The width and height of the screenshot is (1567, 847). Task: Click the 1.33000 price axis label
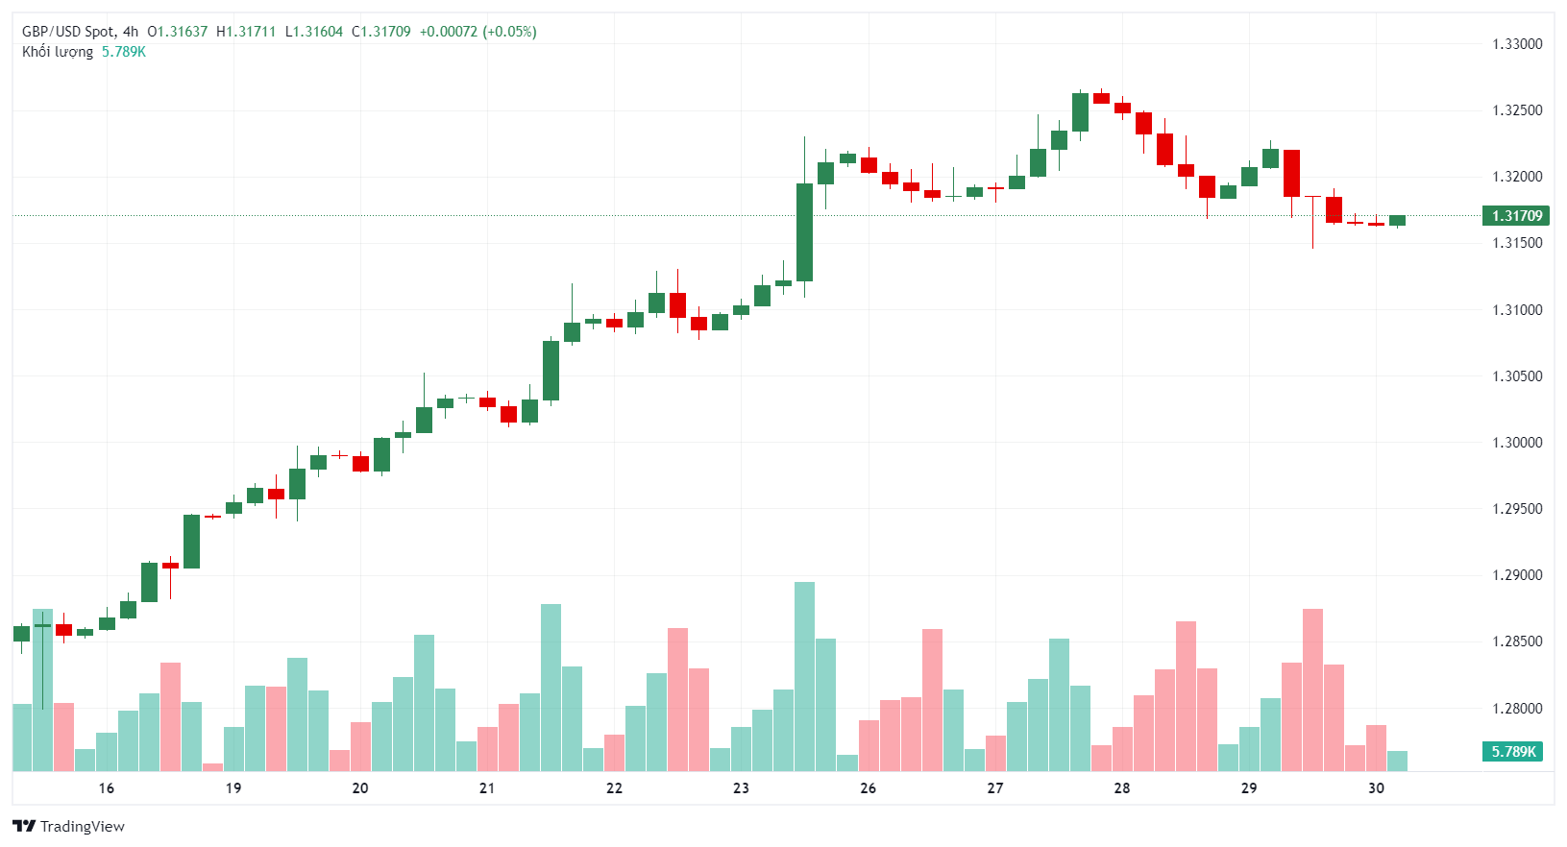tap(1517, 44)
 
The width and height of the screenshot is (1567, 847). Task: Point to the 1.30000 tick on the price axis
tap(1517, 443)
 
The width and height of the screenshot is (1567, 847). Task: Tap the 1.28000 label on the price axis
tap(1517, 709)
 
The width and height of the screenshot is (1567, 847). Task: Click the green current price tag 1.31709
tap(1515, 216)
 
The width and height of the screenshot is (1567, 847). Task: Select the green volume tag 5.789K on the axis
tap(1513, 752)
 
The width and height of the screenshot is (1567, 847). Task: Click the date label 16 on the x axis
tap(107, 788)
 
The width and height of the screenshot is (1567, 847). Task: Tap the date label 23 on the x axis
tap(741, 788)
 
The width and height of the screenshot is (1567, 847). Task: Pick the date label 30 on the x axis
tap(1376, 788)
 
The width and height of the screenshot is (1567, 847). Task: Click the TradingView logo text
tap(82, 827)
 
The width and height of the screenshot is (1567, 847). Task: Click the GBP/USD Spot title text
tap(67, 32)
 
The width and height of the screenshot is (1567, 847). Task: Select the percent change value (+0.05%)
tap(509, 32)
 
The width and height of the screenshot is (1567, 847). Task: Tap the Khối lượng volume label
tap(58, 52)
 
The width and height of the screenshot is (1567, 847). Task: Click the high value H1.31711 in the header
tap(246, 32)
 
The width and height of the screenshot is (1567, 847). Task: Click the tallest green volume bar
tap(804, 676)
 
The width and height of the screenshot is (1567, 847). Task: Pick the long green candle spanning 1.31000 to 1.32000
tap(804, 232)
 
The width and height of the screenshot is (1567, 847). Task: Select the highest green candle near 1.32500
tap(1080, 112)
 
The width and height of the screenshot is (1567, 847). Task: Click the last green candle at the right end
tap(1397, 221)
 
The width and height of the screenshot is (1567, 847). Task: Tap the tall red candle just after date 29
tap(1291, 173)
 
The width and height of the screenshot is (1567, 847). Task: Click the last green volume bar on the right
tap(1397, 761)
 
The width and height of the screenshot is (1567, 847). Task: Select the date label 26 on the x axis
tap(868, 788)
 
